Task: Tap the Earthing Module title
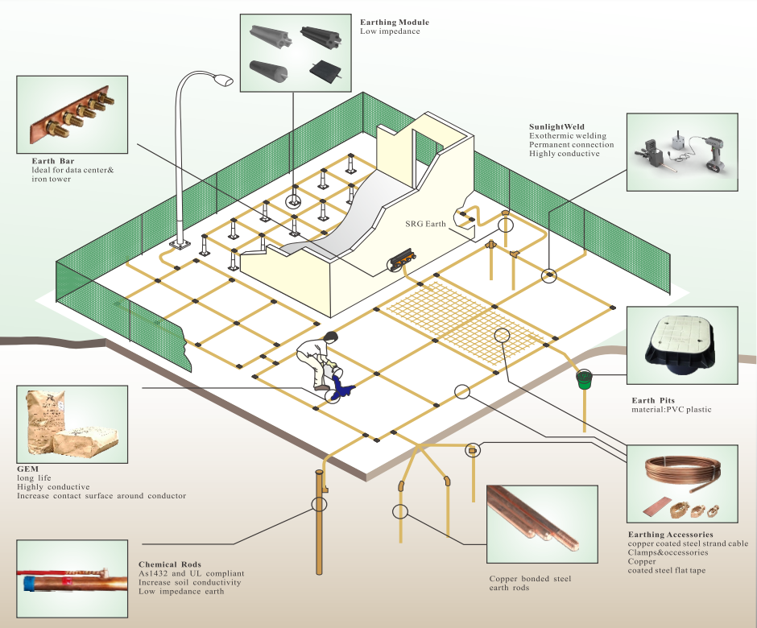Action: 394,22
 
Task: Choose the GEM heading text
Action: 27,468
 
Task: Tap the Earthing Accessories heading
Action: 670,535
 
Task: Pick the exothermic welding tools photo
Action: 683,151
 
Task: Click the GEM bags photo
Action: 72,423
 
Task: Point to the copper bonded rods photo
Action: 541,524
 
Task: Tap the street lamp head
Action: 221,80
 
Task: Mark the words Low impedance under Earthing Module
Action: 390,31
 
